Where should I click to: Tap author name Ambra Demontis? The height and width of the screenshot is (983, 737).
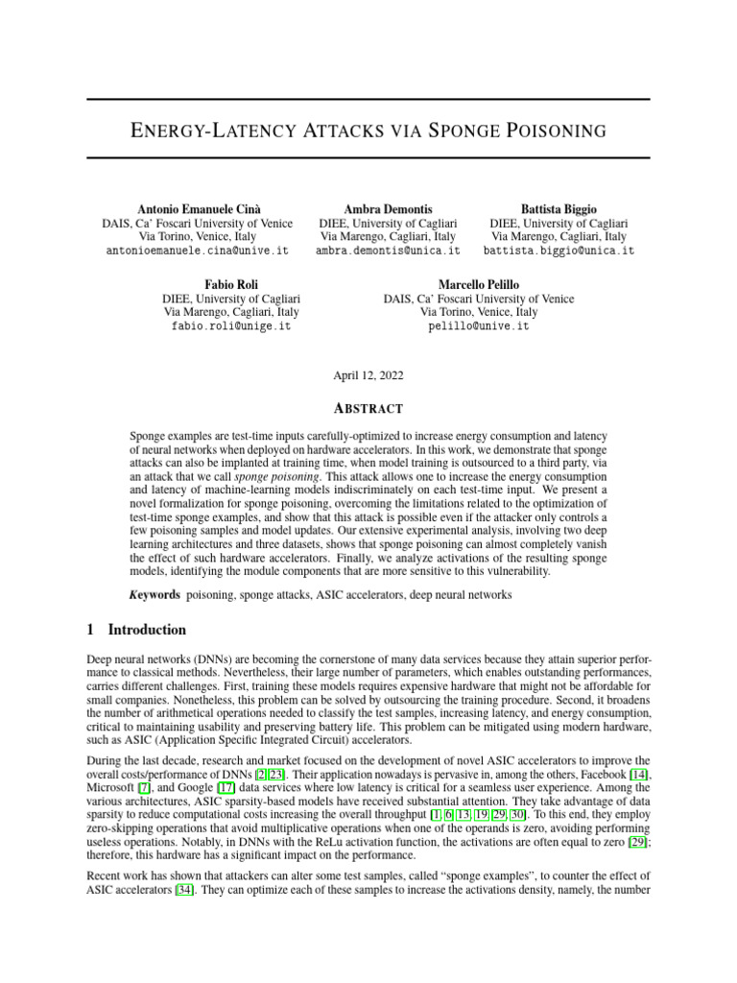(x=388, y=208)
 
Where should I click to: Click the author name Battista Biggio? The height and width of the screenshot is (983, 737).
(x=559, y=208)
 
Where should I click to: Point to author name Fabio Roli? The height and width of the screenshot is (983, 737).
(x=231, y=285)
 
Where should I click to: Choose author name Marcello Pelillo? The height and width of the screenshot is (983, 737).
(x=478, y=285)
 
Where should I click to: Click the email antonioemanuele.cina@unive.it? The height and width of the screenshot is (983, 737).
(x=197, y=250)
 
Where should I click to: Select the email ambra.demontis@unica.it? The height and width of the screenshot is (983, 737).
(x=388, y=250)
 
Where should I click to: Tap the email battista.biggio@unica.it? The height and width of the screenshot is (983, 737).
(x=559, y=250)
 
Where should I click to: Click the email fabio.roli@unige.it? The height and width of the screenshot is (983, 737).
(x=231, y=326)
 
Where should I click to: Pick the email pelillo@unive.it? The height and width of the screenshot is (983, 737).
(x=478, y=326)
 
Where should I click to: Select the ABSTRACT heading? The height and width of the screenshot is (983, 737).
(x=368, y=408)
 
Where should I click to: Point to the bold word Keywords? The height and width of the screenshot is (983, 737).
(x=155, y=595)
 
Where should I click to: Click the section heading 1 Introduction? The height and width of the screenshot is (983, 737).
(x=136, y=631)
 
